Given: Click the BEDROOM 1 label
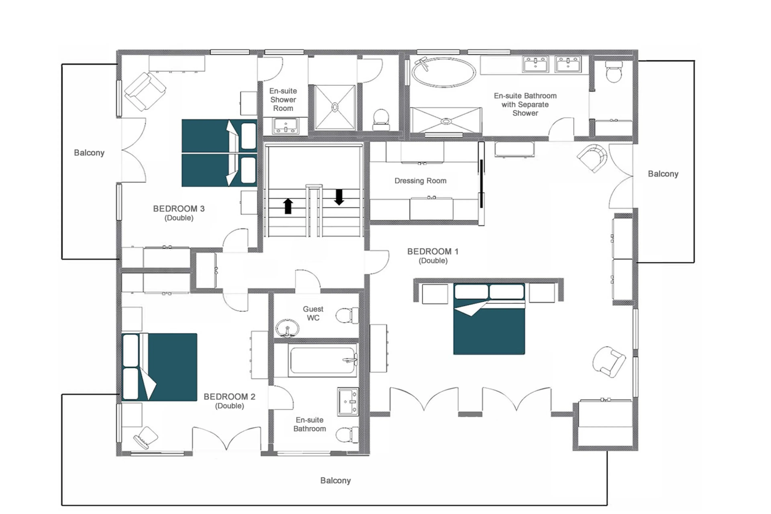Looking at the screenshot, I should tap(432, 252).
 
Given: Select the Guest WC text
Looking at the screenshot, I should tap(313, 313).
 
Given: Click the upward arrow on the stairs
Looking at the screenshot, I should tap(288, 206).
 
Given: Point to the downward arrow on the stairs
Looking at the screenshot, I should tap(339, 197).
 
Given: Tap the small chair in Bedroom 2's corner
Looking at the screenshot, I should tap(146, 437).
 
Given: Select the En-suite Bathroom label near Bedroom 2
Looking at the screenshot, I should tap(309, 424).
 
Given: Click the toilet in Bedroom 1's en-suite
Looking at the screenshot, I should tap(613, 72).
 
